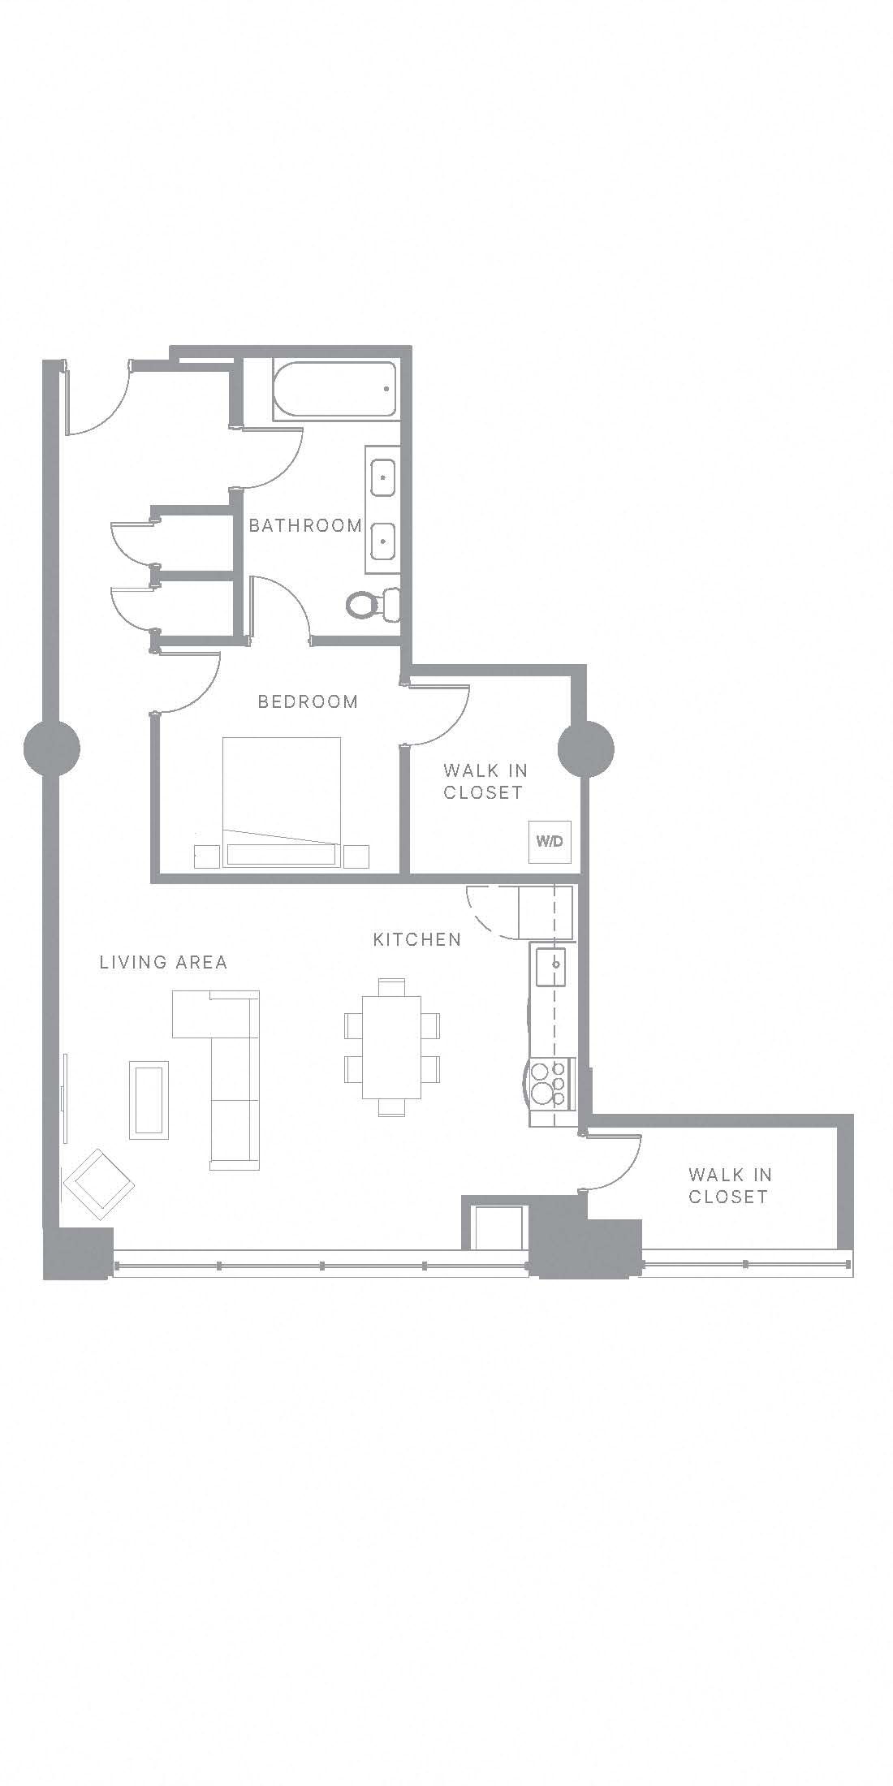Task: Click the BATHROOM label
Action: (x=305, y=525)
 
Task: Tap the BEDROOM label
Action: (x=308, y=701)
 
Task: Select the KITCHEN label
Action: (x=417, y=939)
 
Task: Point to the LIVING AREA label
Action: (x=163, y=962)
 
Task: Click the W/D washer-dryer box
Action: (x=550, y=841)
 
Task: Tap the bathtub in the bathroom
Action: (x=335, y=390)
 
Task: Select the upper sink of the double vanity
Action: (x=383, y=477)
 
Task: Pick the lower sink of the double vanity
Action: (x=383, y=541)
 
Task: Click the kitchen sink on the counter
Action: (x=550, y=966)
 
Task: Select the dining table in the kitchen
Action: (x=391, y=1046)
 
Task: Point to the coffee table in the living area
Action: (x=149, y=1100)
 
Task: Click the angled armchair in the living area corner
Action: (x=99, y=1184)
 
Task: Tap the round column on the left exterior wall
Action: (x=52, y=748)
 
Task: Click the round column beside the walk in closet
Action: (x=586, y=748)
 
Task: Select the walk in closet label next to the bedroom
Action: (x=485, y=781)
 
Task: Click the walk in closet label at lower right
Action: (x=729, y=1185)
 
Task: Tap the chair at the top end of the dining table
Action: (x=391, y=986)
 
